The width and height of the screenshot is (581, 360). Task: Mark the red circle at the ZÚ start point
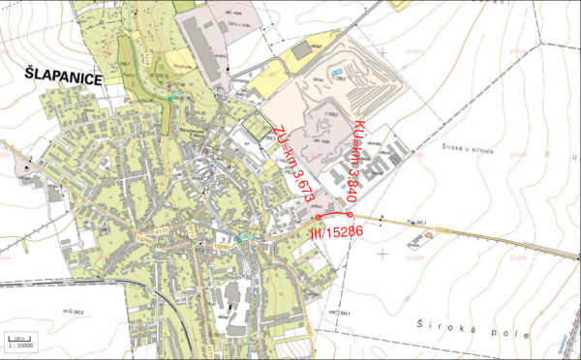(x=321, y=218)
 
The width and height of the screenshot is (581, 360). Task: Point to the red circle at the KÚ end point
(x=350, y=214)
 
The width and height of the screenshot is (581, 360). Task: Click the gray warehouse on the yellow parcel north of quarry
(x=303, y=48)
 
